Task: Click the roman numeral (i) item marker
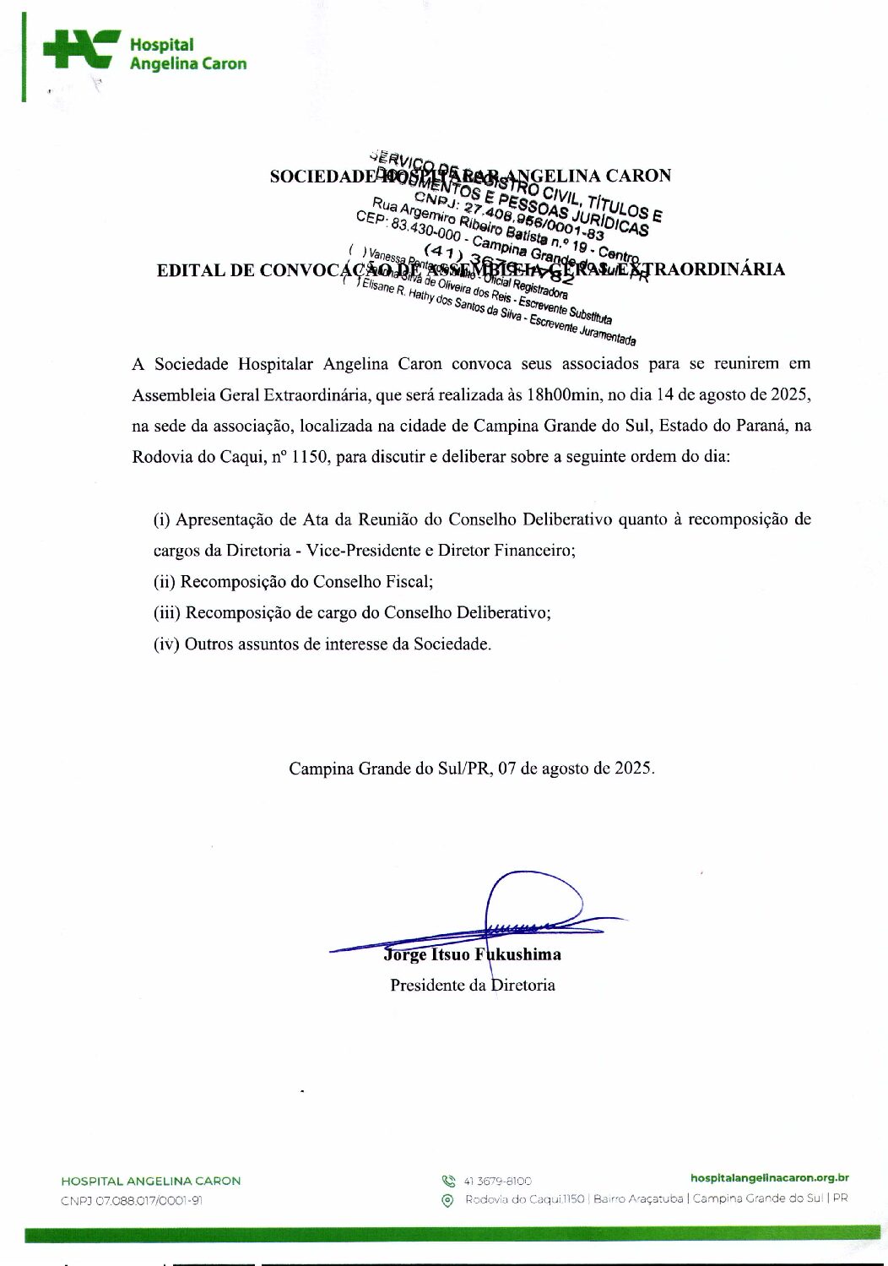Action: pos(162,519)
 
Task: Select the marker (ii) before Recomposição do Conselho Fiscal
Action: pos(165,582)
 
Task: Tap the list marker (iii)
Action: pos(167,613)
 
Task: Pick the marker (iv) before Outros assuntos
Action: pos(166,644)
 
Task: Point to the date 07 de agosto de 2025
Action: pos(576,769)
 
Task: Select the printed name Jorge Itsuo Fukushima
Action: pos(473,955)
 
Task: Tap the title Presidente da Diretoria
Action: pos(473,986)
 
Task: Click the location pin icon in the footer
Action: pos(448,1200)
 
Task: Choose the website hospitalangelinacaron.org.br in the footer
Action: pos(769,1178)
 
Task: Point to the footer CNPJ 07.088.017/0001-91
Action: pos(132,1201)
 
